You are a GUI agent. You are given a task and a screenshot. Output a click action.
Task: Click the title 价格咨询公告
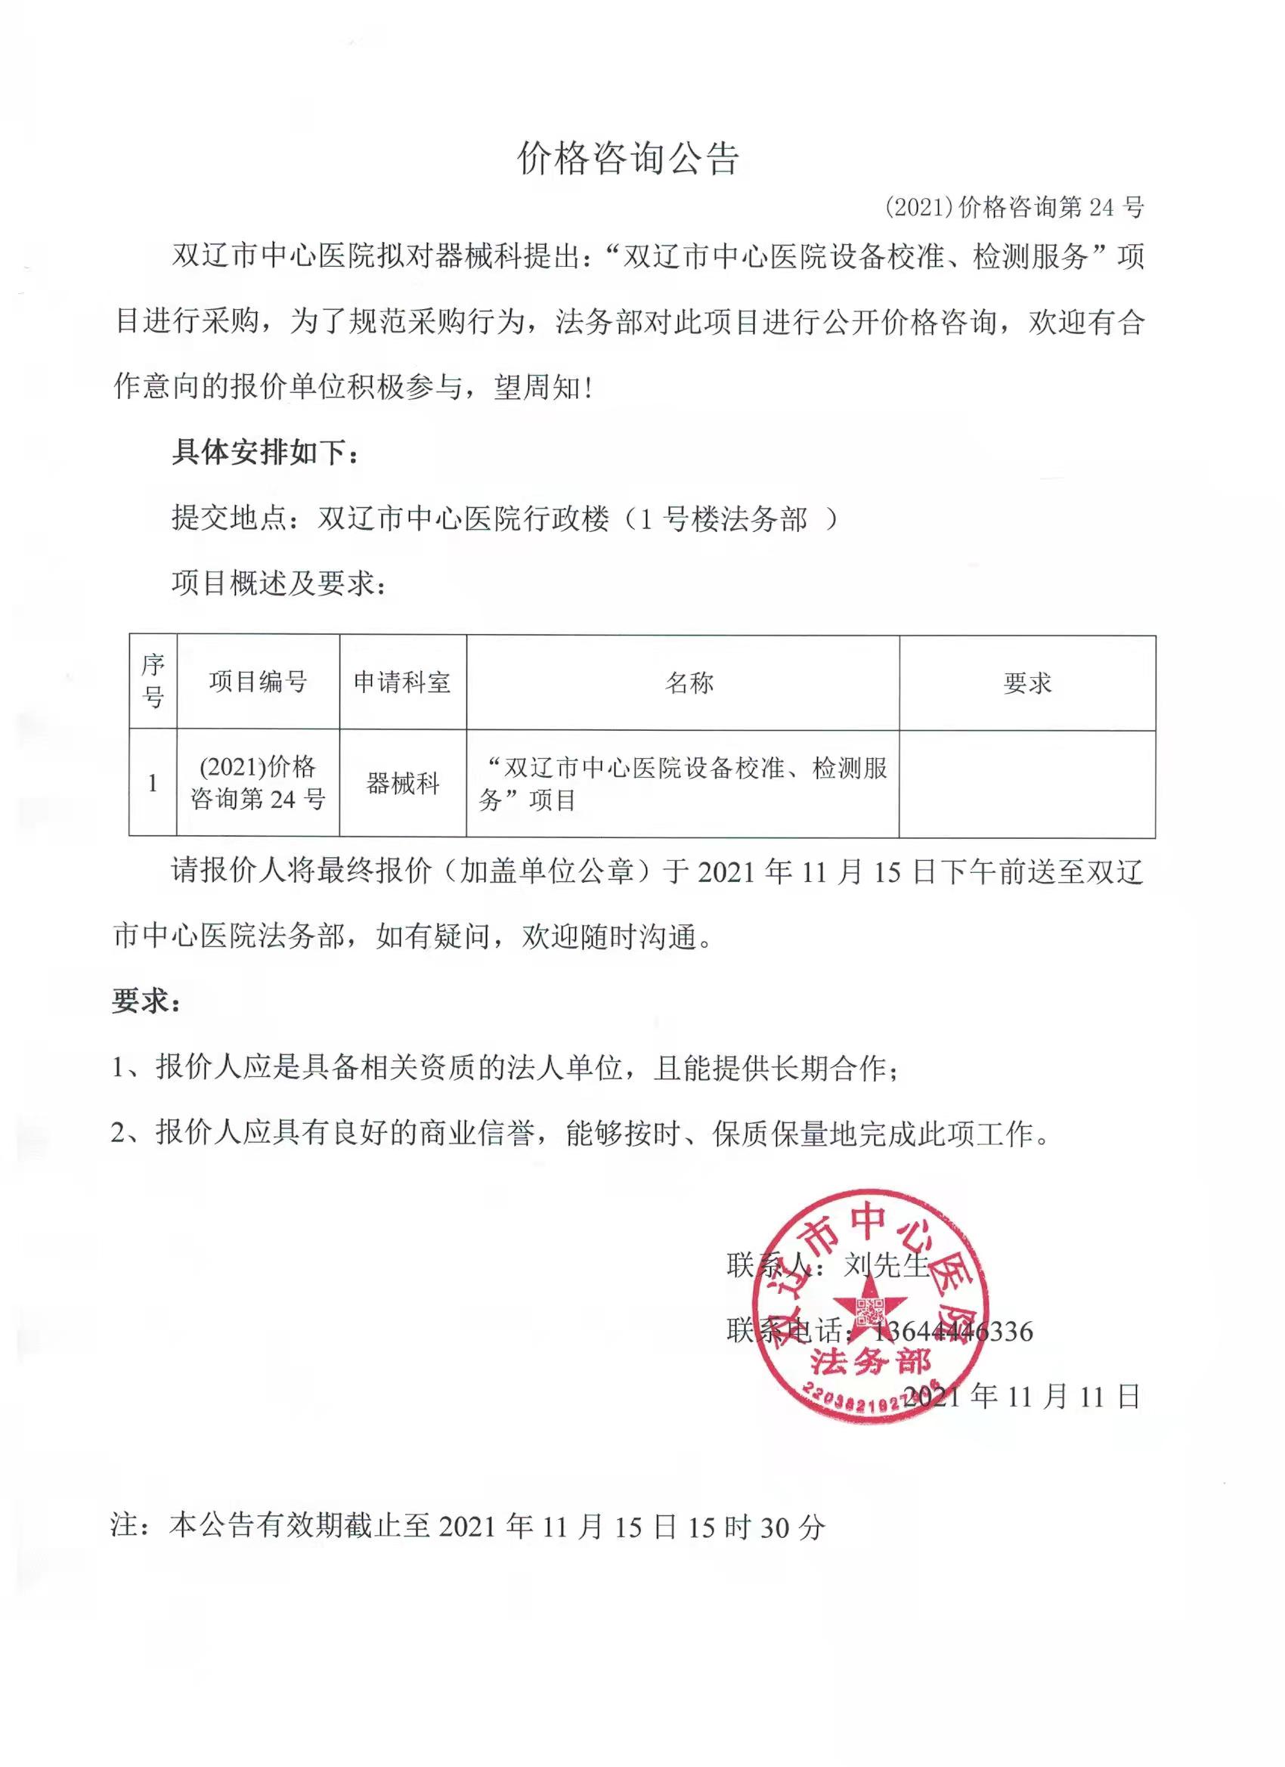(628, 159)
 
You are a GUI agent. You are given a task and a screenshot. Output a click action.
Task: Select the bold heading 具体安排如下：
(266, 453)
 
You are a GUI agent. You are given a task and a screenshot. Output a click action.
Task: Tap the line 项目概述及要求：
(279, 583)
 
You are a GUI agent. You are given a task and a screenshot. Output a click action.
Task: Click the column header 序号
(153, 682)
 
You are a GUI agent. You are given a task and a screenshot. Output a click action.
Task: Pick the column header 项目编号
(258, 682)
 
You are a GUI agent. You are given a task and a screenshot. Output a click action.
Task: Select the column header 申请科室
(402, 682)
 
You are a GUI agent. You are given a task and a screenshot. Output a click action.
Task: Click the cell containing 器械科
(403, 783)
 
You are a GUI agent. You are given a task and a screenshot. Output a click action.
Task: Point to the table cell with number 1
(153, 783)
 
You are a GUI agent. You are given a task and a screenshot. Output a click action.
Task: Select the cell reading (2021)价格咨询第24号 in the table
(258, 783)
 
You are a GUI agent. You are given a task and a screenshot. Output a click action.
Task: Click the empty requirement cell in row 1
(1027, 783)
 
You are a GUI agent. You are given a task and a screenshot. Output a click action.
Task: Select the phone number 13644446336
(952, 1332)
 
